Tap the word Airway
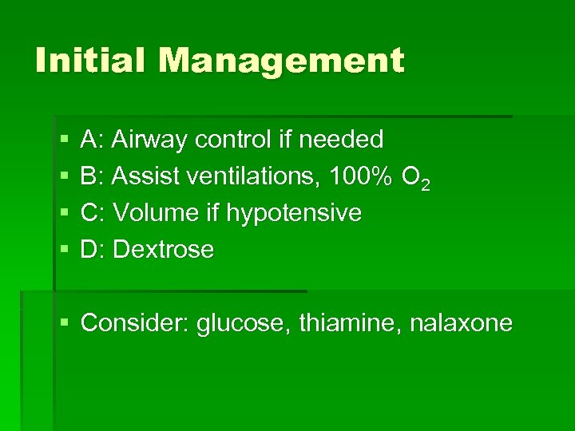(151, 140)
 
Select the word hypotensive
(294, 214)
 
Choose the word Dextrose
(164, 250)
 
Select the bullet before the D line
(64, 251)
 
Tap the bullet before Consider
(64, 324)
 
